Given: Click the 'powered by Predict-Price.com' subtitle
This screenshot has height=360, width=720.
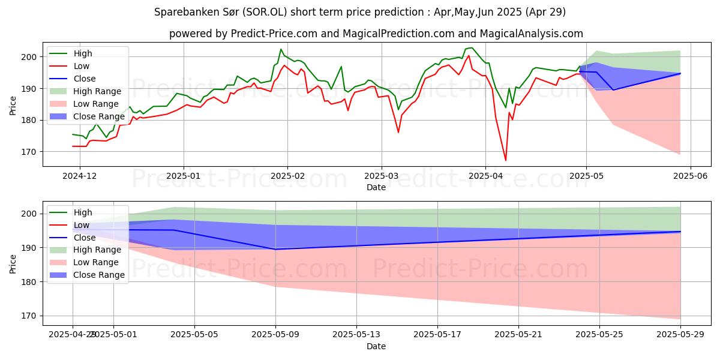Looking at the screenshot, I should point(376,34).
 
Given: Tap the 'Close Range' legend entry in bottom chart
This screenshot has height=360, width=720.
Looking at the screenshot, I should point(99,275).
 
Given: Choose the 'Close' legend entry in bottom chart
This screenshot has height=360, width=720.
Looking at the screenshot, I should point(85,238).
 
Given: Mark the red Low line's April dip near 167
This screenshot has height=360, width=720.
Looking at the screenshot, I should point(505,160).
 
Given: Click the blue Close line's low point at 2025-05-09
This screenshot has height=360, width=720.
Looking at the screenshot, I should point(275,249).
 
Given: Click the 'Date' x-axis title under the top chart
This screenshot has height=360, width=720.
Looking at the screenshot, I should point(376,187).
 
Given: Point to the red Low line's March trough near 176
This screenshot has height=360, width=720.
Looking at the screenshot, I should point(398,132).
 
